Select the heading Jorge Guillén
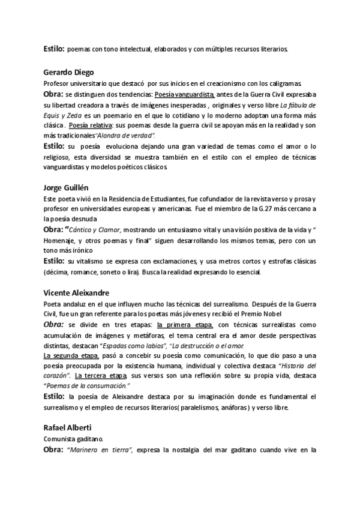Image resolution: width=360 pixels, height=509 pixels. [x=66, y=187]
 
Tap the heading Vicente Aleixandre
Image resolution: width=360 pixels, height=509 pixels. [x=76, y=293]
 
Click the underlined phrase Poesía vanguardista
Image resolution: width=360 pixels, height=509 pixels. [x=184, y=94]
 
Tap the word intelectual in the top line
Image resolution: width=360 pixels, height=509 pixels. [x=132, y=49]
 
